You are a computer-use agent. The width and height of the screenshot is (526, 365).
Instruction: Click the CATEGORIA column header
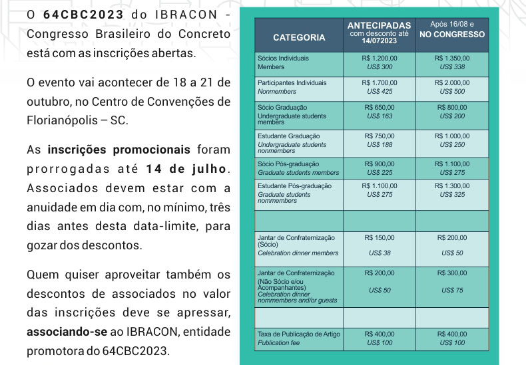coord(299,37)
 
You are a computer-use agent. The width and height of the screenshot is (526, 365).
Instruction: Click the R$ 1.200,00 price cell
coord(380,59)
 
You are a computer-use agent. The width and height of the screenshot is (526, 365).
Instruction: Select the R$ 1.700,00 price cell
coord(380,83)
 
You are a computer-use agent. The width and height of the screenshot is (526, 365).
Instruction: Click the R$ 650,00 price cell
coord(380,107)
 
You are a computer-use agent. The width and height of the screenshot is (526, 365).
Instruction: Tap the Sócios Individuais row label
coord(283,59)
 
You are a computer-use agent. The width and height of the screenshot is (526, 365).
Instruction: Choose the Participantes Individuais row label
coord(292,83)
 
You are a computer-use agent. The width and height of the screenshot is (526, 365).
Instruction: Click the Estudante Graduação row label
coord(288,136)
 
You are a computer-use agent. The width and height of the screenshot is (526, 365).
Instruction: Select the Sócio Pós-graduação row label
coord(288,164)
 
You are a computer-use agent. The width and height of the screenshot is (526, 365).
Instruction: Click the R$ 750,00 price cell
coord(380,136)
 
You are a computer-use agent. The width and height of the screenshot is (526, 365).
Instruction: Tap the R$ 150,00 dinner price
coord(380,237)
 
